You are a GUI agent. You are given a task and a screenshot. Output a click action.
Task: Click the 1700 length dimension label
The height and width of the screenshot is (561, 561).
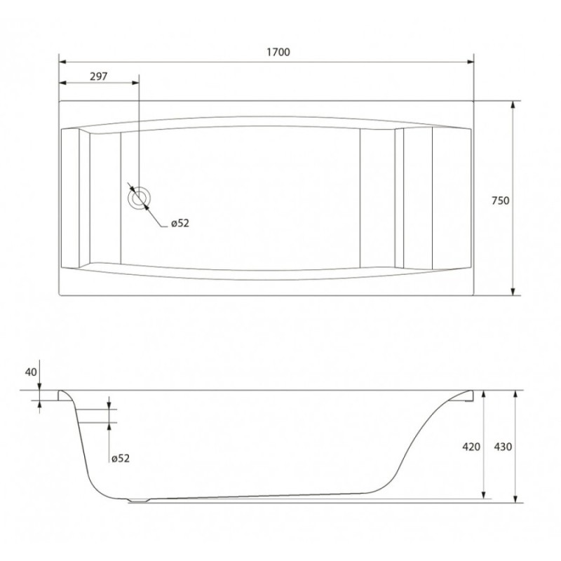coord(278,52)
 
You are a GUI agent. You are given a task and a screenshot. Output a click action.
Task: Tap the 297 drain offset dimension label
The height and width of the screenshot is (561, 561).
coord(98,76)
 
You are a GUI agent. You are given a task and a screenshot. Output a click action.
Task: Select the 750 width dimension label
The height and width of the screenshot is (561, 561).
coord(500,201)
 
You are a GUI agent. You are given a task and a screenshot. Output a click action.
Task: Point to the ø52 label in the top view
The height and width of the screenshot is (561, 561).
coord(180,223)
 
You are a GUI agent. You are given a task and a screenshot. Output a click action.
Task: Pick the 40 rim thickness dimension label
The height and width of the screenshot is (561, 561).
coord(31,372)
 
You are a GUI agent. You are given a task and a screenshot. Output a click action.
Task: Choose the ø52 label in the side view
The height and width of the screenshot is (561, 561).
coord(121,459)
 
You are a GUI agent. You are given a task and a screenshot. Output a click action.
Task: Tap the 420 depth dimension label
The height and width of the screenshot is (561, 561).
coord(471,447)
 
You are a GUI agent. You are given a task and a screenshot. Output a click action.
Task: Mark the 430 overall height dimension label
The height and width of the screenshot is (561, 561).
coord(503,447)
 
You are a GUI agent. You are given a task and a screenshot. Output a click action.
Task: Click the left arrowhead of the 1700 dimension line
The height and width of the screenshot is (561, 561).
coord(62,62)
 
